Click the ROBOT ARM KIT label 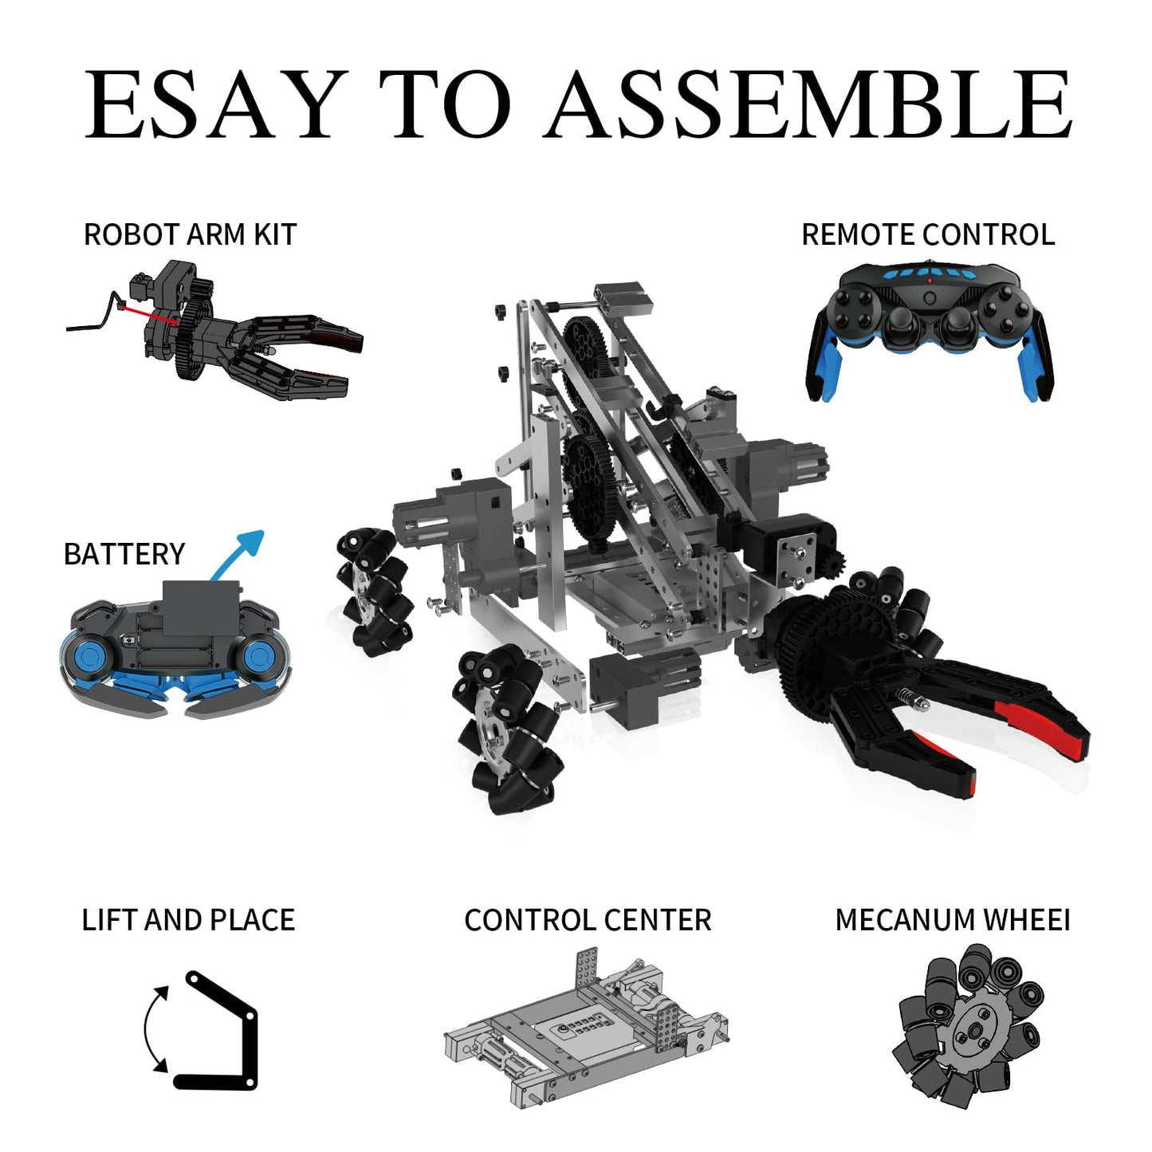(190, 234)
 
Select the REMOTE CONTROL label (928, 234)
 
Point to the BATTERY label (124, 553)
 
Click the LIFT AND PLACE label (188, 920)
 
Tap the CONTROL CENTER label (588, 920)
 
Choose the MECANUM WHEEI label (953, 920)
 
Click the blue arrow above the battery (238, 554)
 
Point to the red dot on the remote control (929, 280)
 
